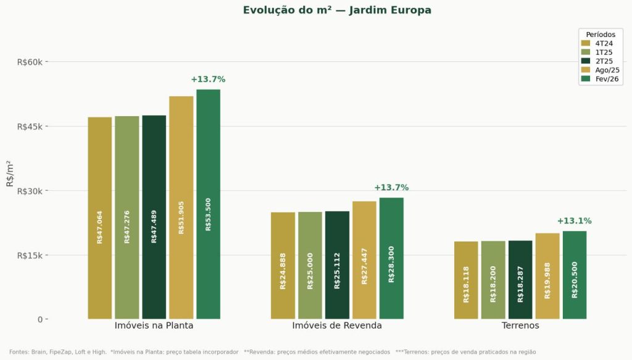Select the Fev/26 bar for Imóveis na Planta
coord(208,204)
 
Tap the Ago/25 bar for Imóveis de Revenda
coord(364,260)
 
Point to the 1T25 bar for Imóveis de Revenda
coord(310,266)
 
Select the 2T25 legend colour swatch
coord(586,61)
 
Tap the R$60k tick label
coord(29,62)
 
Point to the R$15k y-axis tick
coord(29,255)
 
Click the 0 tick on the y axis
coord(39,319)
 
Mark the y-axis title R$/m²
coord(9,174)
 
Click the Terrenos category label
coord(520,325)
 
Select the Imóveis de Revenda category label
coord(337,325)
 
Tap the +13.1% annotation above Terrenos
coord(574,221)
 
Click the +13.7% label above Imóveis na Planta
coord(208,80)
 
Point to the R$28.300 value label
coord(391,264)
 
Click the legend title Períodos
coord(601,35)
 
